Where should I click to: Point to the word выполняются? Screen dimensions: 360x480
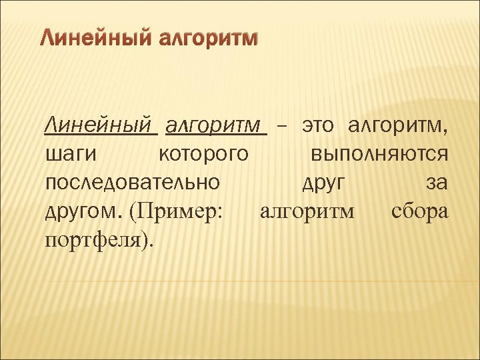coord(380,154)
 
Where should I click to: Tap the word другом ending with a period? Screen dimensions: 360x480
coord(83,212)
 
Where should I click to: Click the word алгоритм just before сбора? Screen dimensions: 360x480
coord(307,212)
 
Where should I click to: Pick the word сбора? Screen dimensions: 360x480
coord(420,212)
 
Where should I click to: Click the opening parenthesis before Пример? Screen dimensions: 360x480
coord(133,212)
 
